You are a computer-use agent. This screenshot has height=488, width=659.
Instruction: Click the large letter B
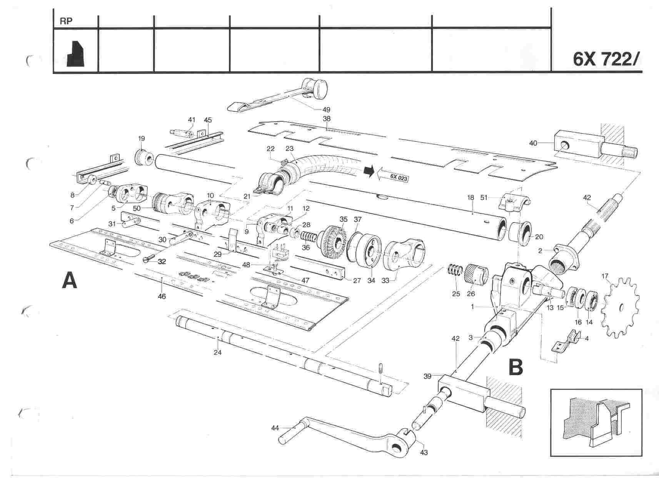516,367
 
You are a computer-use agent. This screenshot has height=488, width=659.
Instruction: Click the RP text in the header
66,22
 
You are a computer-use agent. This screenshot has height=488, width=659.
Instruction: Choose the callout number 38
326,119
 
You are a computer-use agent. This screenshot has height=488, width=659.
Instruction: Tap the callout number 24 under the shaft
217,352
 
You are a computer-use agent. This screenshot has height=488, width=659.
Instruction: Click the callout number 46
162,296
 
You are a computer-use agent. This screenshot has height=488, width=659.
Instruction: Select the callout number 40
533,143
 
